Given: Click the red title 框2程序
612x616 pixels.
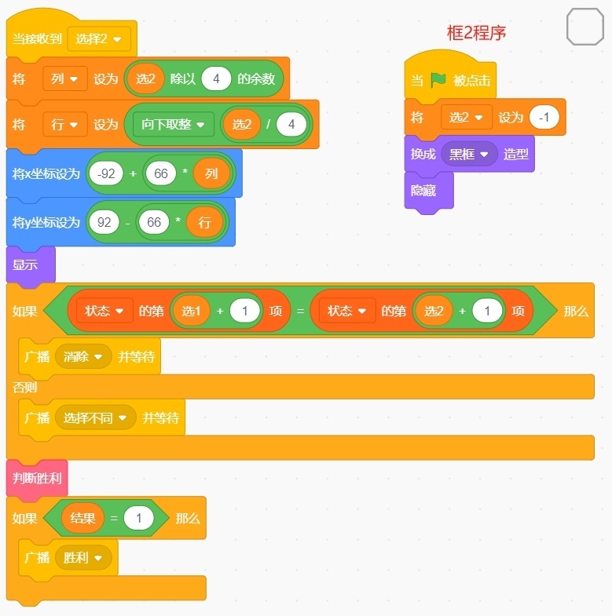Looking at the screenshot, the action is tap(476, 33).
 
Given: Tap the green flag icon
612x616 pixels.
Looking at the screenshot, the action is tap(438, 80).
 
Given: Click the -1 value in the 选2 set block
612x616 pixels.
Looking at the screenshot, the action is tap(544, 117).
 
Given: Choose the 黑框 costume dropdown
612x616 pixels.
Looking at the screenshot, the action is tap(469, 154).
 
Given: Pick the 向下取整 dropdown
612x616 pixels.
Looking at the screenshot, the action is tap(174, 125).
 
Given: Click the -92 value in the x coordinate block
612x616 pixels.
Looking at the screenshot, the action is tap(106, 173).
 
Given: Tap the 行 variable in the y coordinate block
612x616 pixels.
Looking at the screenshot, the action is tap(204, 222).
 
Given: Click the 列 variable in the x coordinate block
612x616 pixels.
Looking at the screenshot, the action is tap(211, 173).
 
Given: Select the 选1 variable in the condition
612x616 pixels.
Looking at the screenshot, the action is tap(191, 312).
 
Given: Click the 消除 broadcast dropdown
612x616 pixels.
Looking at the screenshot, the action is tap(83, 357).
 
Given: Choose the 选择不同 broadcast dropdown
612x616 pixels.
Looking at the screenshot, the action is tap(95, 417).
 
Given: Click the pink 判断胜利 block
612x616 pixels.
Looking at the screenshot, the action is tap(37, 479).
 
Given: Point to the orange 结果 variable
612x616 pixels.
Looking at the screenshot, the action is tap(82, 518).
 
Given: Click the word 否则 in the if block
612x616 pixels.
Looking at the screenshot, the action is tap(25, 388).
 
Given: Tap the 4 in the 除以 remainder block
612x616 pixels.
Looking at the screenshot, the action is tap(216, 79).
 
